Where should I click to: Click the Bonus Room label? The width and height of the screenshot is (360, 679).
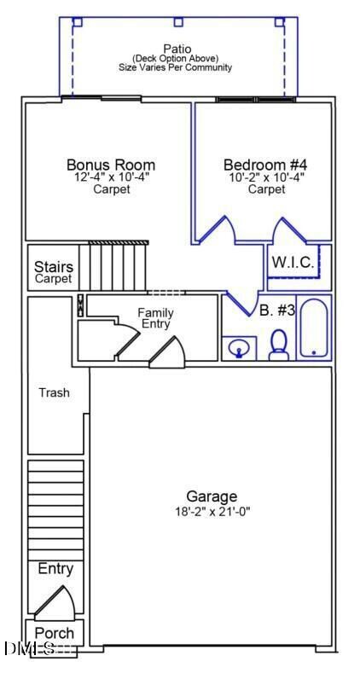111,165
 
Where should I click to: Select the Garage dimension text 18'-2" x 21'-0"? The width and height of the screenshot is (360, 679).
212,512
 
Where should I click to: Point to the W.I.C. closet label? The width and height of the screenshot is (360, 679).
293,263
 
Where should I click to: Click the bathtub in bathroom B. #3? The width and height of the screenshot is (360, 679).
314,328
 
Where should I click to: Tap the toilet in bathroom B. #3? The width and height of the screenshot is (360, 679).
278,345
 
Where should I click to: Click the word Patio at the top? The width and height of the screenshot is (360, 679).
177,49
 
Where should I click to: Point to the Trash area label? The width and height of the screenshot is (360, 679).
54,393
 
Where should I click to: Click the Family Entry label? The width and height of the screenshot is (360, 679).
155,318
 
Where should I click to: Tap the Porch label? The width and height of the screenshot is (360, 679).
54,634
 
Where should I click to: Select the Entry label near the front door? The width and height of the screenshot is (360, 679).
55,569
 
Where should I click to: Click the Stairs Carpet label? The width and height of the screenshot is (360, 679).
53,272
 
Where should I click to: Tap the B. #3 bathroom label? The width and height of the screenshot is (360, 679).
277,310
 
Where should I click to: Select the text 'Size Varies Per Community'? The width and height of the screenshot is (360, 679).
177,67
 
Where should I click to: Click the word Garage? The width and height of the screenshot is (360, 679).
212,497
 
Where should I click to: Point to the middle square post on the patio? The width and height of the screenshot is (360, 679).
178,22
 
